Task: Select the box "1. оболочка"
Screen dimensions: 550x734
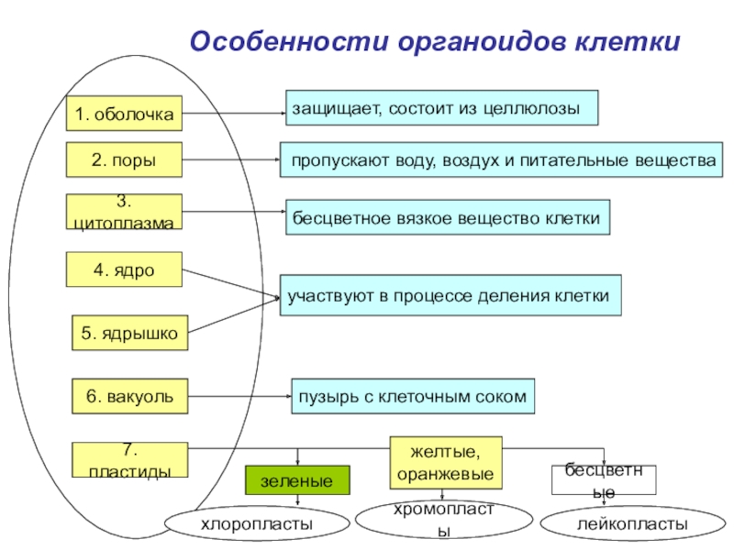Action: coord(125,115)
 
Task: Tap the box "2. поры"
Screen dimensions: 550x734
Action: coord(124,160)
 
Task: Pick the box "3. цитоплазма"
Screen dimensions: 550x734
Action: coord(125,212)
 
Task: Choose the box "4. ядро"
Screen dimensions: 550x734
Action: coord(124,270)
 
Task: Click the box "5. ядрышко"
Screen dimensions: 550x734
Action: coord(130,334)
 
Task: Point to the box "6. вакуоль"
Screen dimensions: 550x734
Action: coord(129,397)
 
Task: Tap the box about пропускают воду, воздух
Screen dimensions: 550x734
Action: coord(501,159)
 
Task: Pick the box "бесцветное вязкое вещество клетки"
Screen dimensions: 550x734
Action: coord(447,218)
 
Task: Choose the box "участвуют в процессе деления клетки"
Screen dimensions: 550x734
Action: coord(450,296)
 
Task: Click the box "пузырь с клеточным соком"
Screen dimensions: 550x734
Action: coord(412,397)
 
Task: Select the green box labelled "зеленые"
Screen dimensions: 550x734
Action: coord(297,480)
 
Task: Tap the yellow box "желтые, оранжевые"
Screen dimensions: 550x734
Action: coord(447,462)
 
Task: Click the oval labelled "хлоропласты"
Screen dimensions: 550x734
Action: coord(257,523)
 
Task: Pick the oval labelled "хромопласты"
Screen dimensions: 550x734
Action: coord(443,520)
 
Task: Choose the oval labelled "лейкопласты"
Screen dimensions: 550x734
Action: coord(632,523)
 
